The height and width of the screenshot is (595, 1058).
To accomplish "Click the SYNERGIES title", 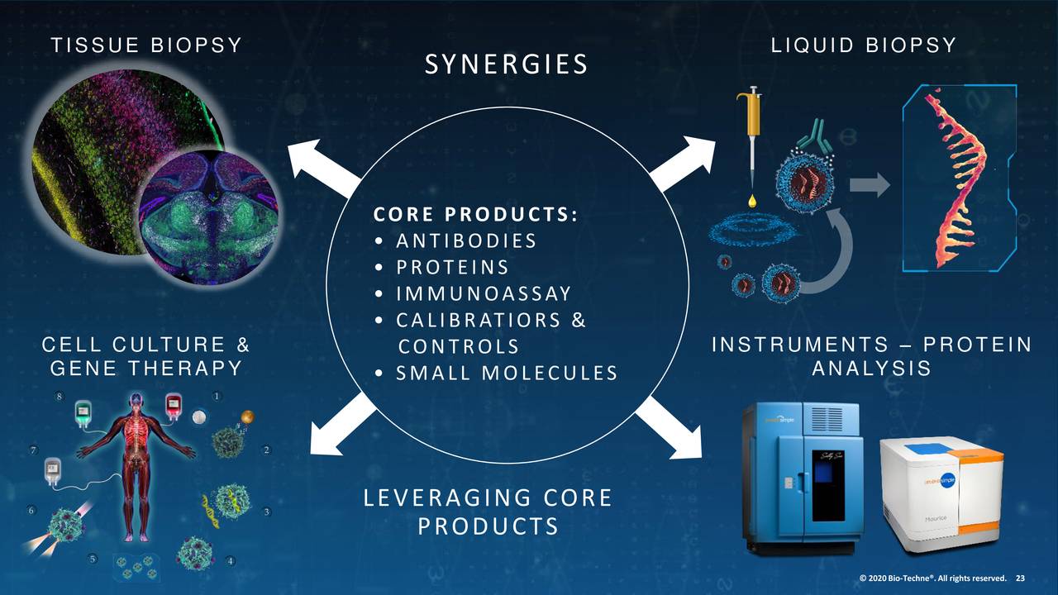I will pos(506,64).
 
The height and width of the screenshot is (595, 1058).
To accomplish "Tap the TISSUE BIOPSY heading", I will pos(146,45).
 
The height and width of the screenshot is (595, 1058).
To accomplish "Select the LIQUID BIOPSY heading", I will pos(863,45).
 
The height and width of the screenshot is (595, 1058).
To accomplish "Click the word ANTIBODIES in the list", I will pos(466,240).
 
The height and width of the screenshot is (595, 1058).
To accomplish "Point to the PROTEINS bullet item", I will pos(452,267).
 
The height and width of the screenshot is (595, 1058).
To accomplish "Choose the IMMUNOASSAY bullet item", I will pos(484,293).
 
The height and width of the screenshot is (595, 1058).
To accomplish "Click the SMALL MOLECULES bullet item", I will pos(506,373).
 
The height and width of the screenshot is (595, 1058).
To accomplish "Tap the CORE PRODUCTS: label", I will pos(475,214).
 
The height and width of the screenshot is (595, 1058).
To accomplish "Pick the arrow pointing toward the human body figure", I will pos(340,425).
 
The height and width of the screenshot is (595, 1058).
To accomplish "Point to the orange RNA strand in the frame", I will pos(955,174).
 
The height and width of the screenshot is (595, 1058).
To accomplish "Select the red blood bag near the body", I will pos(174,406).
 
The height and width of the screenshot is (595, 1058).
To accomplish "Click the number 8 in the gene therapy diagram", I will pos(59,397).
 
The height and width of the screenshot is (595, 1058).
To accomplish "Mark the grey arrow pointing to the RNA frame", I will pos(870,185).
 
